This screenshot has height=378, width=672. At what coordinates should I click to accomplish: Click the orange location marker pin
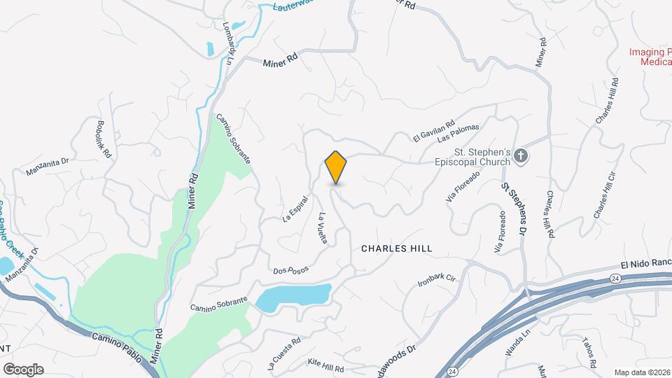pos(336,167)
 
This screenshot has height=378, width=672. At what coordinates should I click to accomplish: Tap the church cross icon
pos(521,156)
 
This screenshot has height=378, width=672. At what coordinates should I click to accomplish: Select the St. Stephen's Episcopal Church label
pos(484,156)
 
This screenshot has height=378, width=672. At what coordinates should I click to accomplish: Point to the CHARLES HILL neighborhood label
pos(397,248)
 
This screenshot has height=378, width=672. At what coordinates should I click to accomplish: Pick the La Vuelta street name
pos(323,227)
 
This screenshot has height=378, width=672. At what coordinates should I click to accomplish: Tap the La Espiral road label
pos(295,209)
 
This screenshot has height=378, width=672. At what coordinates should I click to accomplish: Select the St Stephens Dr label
pos(513,208)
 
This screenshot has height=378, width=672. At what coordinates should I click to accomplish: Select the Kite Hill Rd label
pos(326,365)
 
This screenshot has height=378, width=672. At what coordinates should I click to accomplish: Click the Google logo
pos(23,370)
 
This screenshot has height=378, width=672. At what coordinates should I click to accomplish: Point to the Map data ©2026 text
pos(642,372)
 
